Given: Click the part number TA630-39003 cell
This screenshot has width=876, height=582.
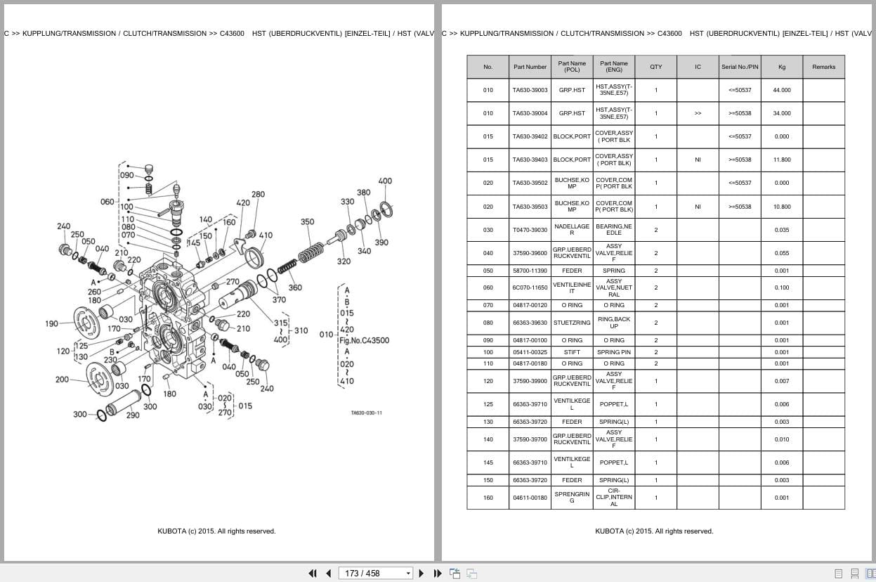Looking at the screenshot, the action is tap(530, 90).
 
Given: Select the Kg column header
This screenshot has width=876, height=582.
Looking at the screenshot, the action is tap(782, 67).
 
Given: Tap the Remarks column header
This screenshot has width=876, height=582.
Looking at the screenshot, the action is tap(823, 67).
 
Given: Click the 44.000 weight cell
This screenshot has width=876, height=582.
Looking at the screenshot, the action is tap(782, 90).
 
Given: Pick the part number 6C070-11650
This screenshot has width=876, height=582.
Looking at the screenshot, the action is tap(530, 287).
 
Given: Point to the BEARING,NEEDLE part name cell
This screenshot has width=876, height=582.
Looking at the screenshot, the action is tap(614, 230).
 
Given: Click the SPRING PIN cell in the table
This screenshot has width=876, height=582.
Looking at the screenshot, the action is tap(614, 352).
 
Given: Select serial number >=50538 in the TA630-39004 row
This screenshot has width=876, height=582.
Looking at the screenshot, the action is tap(740, 113).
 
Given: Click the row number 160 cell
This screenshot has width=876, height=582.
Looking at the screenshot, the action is tap(488, 498).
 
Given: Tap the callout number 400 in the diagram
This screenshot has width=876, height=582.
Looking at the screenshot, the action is tap(385, 181).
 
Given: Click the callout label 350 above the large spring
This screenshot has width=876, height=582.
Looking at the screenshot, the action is tap(308, 222).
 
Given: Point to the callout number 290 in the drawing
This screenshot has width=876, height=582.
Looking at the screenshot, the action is tap(133, 415).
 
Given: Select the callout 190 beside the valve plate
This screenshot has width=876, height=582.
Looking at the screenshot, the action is tap(51, 324).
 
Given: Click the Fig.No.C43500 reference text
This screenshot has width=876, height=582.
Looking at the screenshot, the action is tap(365, 340).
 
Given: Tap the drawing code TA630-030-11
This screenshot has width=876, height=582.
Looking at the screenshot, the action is tap(367, 413).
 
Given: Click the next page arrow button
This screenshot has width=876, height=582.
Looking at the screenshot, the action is tap(421, 574).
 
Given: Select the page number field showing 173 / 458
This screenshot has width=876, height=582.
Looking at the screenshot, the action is tap(375, 574).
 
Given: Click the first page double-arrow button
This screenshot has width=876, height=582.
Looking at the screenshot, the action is tap(313, 574).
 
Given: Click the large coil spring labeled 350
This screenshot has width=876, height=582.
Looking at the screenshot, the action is tap(311, 253).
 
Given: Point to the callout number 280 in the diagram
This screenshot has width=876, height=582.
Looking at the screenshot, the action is tap(258, 195).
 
